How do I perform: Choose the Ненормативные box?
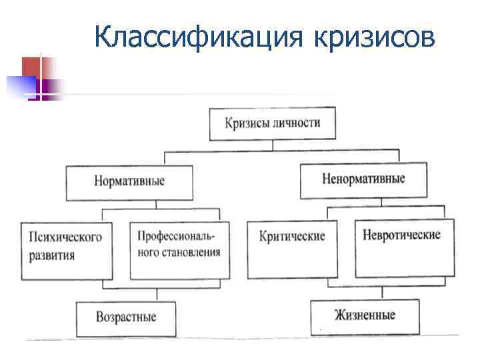[x=363, y=179]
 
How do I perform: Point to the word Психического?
[x=65, y=238]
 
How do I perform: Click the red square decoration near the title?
[x=31, y=67]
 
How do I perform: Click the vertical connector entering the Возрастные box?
[x=157, y=295]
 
